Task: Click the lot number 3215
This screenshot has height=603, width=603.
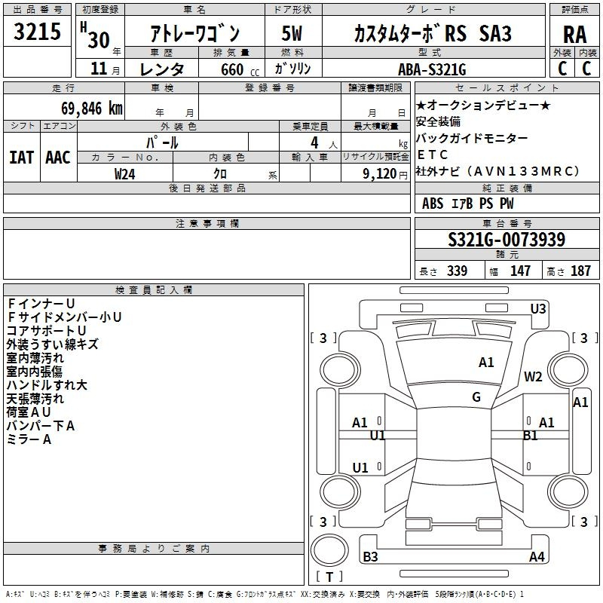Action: (x=37, y=32)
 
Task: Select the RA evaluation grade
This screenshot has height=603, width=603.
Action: (x=574, y=35)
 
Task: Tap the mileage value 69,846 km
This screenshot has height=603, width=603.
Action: (x=92, y=109)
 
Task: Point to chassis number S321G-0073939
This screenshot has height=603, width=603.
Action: (x=507, y=240)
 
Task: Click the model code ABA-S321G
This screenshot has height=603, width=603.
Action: (x=432, y=69)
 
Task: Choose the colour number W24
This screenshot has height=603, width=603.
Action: (x=124, y=174)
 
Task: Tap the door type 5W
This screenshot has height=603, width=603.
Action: (x=292, y=33)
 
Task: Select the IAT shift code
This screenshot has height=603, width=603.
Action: (x=22, y=158)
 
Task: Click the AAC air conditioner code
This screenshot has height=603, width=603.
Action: (x=58, y=158)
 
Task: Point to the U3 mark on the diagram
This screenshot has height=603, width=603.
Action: (x=538, y=309)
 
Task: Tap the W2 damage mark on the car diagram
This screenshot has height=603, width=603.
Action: (x=533, y=376)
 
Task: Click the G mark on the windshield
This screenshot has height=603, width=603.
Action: (x=476, y=397)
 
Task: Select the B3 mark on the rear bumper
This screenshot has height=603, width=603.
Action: (x=370, y=556)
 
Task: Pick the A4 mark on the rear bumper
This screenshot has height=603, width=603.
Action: (x=537, y=556)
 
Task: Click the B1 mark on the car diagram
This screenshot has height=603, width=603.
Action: (x=531, y=436)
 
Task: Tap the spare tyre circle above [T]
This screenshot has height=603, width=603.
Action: (x=329, y=550)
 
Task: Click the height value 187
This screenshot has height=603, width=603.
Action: (x=580, y=271)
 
